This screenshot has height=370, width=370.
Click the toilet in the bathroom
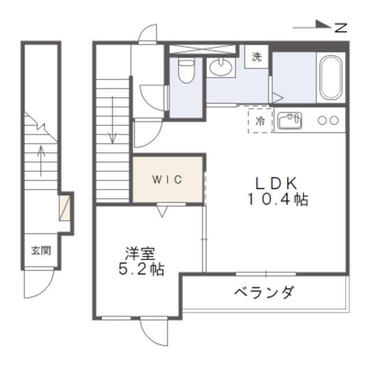[186, 71]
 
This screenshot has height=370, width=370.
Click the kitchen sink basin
[289, 121]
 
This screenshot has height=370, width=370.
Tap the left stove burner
[321, 121]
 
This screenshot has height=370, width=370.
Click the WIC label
[168, 179]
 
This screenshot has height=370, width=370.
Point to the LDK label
[277, 183]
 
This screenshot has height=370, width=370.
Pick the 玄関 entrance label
[40, 251]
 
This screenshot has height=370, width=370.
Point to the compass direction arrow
[312, 25]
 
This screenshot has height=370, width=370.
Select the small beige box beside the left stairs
[67, 207]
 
